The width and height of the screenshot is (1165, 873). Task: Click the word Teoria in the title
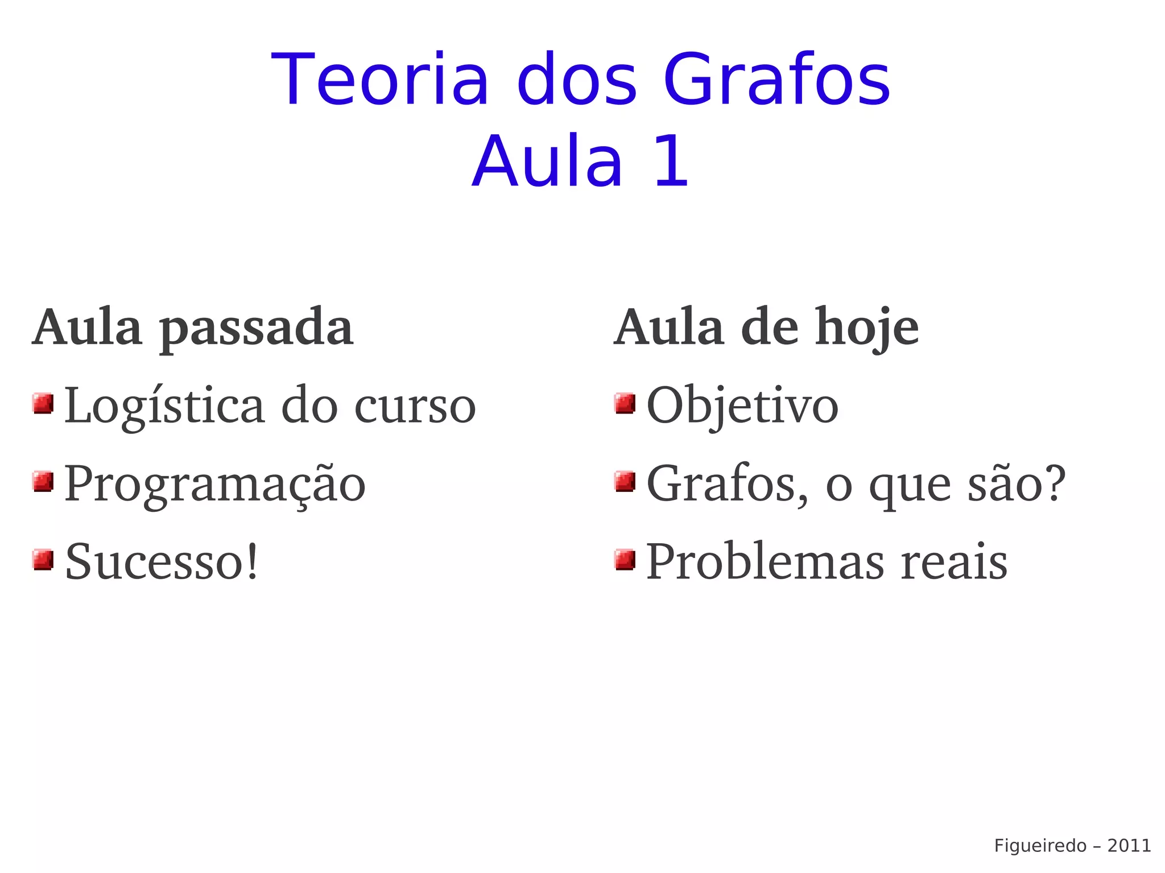[380, 80]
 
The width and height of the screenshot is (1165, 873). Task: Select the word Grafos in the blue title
[776, 80]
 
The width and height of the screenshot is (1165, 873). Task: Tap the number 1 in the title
[671, 162]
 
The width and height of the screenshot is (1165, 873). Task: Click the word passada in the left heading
[256, 329]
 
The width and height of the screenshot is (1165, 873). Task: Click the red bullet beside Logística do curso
[43, 404]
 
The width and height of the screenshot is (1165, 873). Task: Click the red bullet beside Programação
[43, 482]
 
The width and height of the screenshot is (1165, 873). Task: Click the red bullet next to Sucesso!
[43, 560]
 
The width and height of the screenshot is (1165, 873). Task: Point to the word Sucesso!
[162, 562]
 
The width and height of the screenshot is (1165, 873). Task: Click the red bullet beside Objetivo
[625, 404]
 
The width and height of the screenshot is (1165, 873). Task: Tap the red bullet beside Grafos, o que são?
[625, 482]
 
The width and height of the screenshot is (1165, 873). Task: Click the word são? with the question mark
[1016, 483]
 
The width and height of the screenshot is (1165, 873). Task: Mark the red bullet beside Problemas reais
[625, 560]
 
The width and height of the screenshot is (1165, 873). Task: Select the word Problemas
[765, 562]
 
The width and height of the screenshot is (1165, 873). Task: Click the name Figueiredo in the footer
[1040, 846]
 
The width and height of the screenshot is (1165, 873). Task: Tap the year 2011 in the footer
[1129, 846]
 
